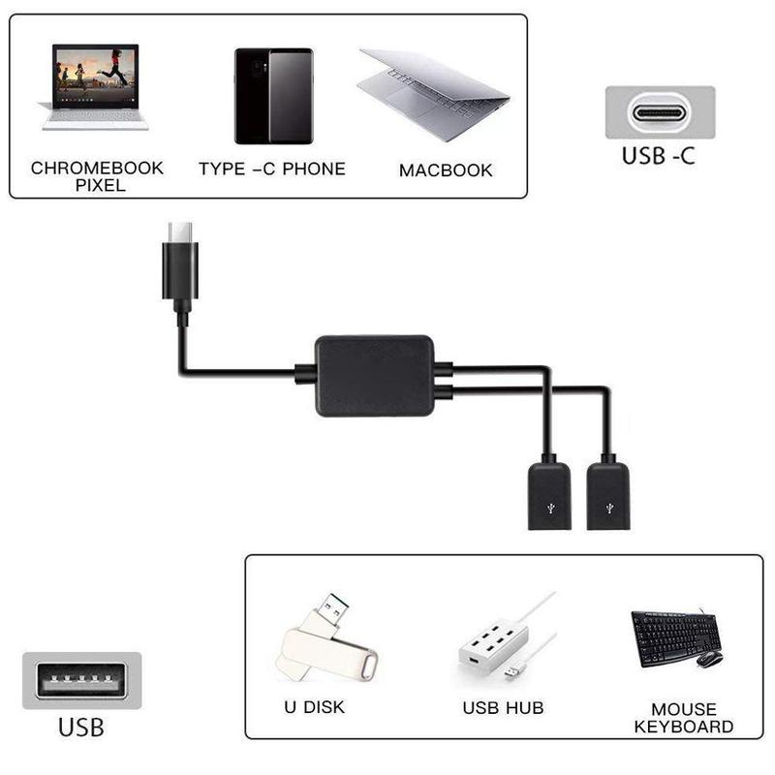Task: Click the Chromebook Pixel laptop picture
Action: (95, 87)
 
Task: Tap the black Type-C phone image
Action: (273, 95)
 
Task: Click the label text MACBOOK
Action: (446, 170)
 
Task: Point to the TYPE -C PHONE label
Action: (271, 169)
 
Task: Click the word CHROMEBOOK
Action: (97, 168)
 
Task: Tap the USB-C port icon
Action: (660, 112)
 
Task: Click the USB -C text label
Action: (659, 155)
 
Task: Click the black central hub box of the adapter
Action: (374, 375)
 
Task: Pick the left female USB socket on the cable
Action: (549, 494)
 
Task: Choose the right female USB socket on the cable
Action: (607, 494)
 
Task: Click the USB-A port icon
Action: (81, 680)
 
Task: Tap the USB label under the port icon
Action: (81, 726)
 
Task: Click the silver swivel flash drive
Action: (325, 641)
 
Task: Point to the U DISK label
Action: (314, 707)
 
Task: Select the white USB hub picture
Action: (496, 647)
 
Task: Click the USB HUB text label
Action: (503, 708)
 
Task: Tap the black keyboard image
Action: (673, 636)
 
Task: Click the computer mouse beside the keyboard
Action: (709, 659)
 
